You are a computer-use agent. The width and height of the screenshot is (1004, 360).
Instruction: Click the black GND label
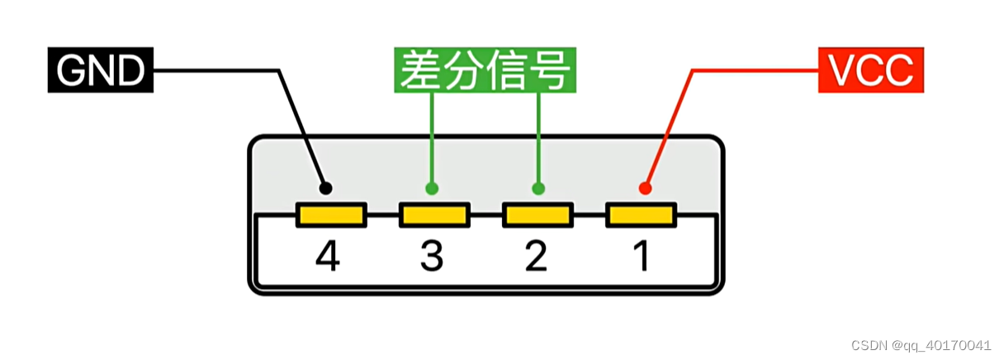tap(100, 72)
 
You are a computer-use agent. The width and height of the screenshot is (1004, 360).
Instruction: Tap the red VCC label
tap(870, 72)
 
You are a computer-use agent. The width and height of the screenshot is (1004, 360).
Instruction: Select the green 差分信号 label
tap(485, 72)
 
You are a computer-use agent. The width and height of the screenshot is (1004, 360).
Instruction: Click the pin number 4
tap(328, 257)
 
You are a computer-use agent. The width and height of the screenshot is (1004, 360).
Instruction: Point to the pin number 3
tap(432, 257)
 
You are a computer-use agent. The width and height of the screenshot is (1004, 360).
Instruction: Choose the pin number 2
tap(536, 257)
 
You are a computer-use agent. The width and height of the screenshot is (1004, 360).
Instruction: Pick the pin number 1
tap(641, 257)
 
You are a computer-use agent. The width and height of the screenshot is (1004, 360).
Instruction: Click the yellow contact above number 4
tap(330, 216)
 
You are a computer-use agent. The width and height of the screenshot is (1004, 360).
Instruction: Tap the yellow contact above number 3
tap(434, 216)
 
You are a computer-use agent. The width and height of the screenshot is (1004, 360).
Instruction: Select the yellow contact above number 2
tap(538, 216)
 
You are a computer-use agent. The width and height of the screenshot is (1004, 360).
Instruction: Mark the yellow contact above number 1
tap(642, 216)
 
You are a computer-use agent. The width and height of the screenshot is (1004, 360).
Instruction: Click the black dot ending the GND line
tap(325, 188)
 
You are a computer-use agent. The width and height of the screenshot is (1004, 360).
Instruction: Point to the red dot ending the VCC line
tap(645, 188)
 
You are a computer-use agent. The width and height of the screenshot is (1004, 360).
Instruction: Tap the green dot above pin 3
tap(432, 188)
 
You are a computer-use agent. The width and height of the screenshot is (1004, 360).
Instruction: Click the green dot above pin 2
tap(538, 188)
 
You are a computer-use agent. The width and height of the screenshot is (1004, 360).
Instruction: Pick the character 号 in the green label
tap(550, 72)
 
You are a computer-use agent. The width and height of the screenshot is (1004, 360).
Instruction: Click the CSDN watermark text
tap(921, 345)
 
